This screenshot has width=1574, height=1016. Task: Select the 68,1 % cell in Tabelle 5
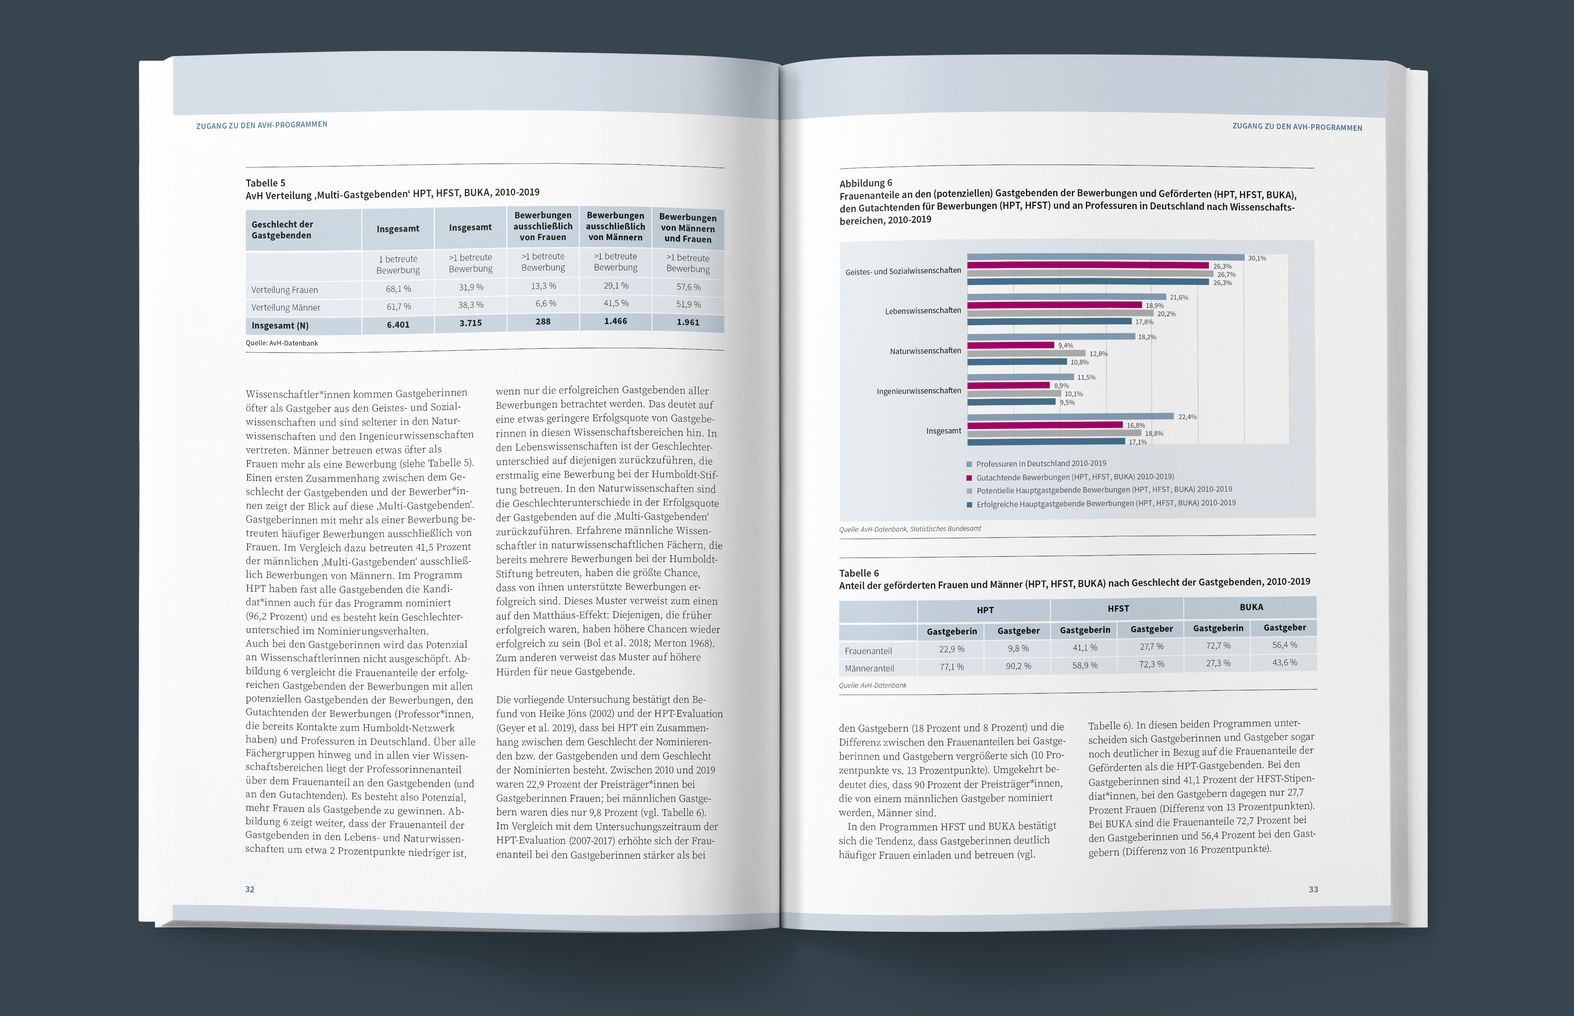[398, 289]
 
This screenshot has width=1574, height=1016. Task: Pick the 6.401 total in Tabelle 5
[398, 324]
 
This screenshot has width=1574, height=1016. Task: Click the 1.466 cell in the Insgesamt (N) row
[615, 321]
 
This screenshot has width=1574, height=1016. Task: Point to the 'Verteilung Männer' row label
[286, 307]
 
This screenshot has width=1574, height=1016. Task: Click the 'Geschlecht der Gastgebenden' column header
[282, 229]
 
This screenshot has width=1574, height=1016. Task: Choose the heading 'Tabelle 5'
[265, 183]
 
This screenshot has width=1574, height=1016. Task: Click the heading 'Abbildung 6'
[865, 183]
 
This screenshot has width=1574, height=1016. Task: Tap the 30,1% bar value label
[1257, 258]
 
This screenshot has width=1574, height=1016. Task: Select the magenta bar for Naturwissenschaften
[1010, 345]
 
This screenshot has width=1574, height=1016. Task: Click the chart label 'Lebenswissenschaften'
[923, 311]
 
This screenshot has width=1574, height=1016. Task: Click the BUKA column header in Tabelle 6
[1251, 607]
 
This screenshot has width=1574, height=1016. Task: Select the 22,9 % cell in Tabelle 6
[952, 649]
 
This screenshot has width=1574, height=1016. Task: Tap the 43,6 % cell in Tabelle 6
[1284, 662]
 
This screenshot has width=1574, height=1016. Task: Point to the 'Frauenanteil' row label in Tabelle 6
[868, 651]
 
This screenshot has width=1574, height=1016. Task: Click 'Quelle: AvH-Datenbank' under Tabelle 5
[282, 343]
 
